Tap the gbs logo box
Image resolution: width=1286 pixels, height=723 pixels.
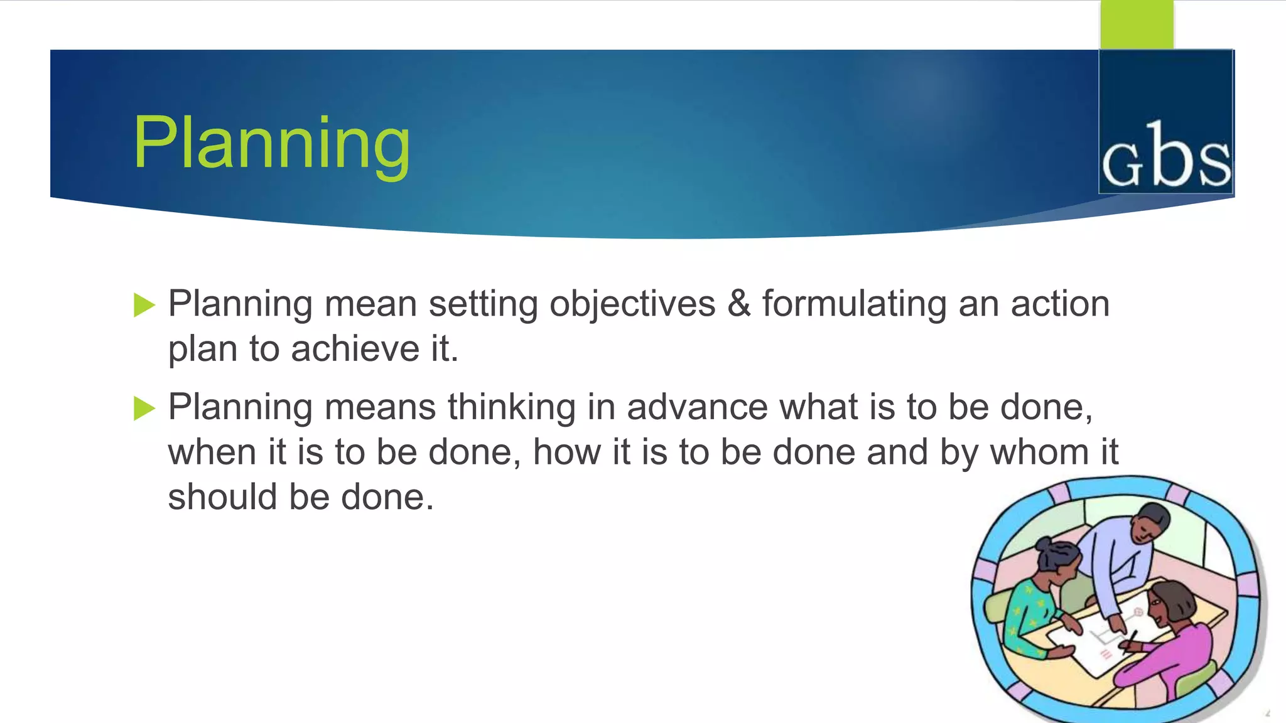(x=1166, y=122)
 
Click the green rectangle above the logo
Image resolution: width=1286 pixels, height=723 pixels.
(x=1137, y=24)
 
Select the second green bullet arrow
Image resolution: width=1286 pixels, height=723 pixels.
(x=144, y=409)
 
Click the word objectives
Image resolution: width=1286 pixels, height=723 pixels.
(x=632, y=304)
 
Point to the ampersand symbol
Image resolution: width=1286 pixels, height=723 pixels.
(x=739, y=304)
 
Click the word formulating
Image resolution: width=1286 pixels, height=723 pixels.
(x=854, y=304)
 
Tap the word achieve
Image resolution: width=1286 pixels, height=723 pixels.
(x=355, y=349)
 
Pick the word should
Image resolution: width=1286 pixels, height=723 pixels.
(x=222, y=497)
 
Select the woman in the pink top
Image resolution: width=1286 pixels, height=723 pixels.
(x=1174, y=646)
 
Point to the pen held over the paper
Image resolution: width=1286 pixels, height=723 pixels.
(x=1130, y=640)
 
